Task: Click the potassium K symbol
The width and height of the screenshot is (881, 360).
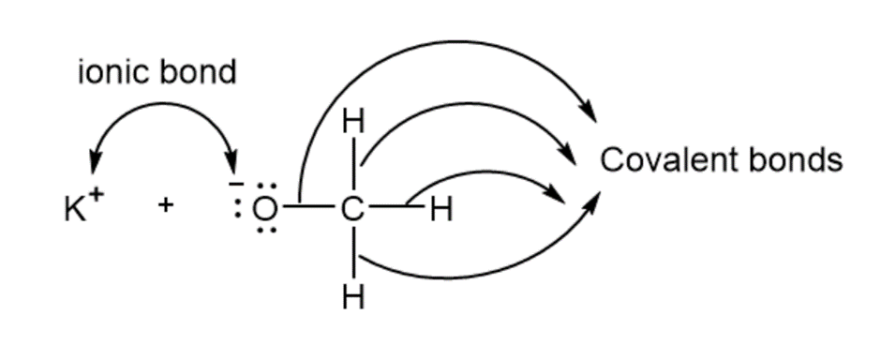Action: (76, 210)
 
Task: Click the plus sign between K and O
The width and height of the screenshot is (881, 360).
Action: (165, 205)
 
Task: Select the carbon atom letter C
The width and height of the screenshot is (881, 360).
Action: (352, 210)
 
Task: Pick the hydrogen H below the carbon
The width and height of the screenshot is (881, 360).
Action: (353, 298)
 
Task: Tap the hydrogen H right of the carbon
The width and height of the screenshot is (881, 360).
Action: (441, 211)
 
